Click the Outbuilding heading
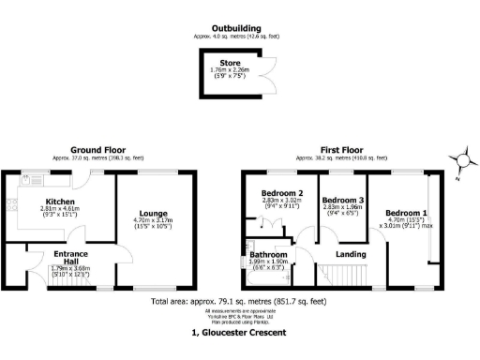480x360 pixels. [235, 29]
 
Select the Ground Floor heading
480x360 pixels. [99, 150]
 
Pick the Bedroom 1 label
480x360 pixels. [404, 212]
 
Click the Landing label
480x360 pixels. [351, 253]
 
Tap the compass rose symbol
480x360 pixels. [460, 160]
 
